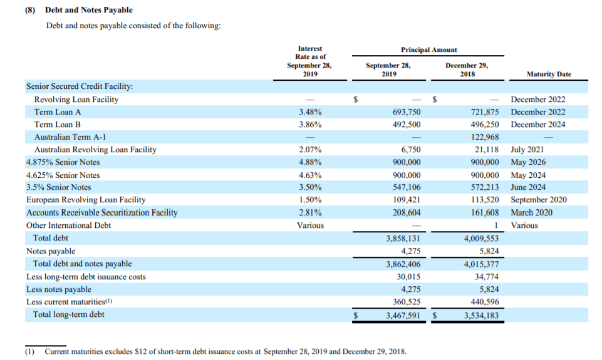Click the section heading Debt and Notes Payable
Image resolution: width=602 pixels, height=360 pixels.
88,10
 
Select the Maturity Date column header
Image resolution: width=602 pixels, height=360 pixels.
549,74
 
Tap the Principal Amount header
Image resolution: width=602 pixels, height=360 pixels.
429,49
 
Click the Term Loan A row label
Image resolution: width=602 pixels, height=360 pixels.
58,112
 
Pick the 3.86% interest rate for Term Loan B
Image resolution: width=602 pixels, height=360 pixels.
310,125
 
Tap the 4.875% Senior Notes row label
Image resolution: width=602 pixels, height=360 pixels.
63,162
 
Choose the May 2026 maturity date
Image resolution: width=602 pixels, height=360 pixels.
527,162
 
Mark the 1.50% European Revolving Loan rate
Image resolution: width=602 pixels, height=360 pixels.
310,200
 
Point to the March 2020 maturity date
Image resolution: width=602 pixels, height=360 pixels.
532,212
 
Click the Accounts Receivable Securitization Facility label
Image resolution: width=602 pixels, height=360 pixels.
101,212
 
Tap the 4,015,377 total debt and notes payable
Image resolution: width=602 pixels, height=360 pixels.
480,264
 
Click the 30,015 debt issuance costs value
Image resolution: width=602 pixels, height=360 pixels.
408,277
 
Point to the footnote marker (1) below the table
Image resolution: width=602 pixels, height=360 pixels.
29,351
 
